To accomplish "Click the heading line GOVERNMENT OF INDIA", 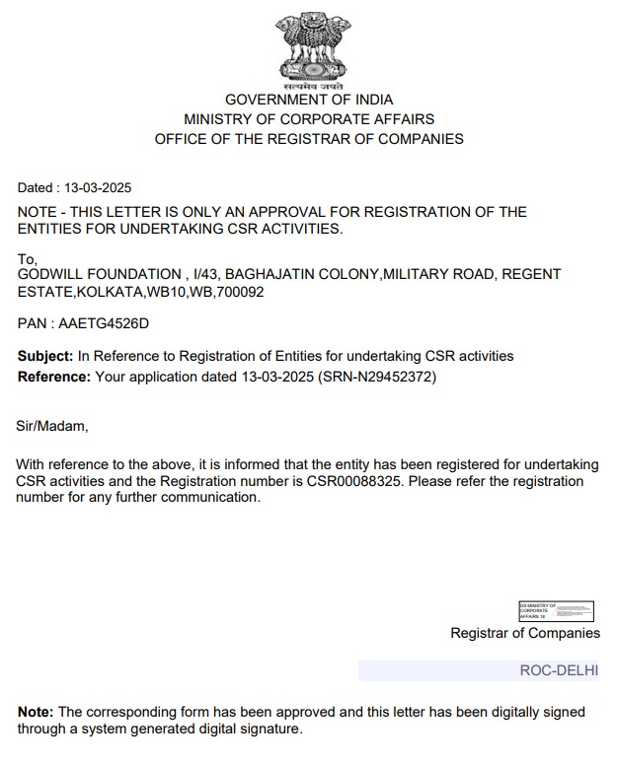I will (309, 100).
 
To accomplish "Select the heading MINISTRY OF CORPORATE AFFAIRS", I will (309, 119).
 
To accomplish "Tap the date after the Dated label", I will (99, 187).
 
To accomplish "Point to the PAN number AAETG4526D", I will (103, 323).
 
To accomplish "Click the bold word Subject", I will (45, 356).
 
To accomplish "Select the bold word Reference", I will (54, 377).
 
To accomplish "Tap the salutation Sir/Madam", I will (52, 426).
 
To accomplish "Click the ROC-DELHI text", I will (559, 670).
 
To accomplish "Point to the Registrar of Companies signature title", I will (524, 633).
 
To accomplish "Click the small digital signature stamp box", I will (556, 610).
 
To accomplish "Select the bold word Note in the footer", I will (36, 712).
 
